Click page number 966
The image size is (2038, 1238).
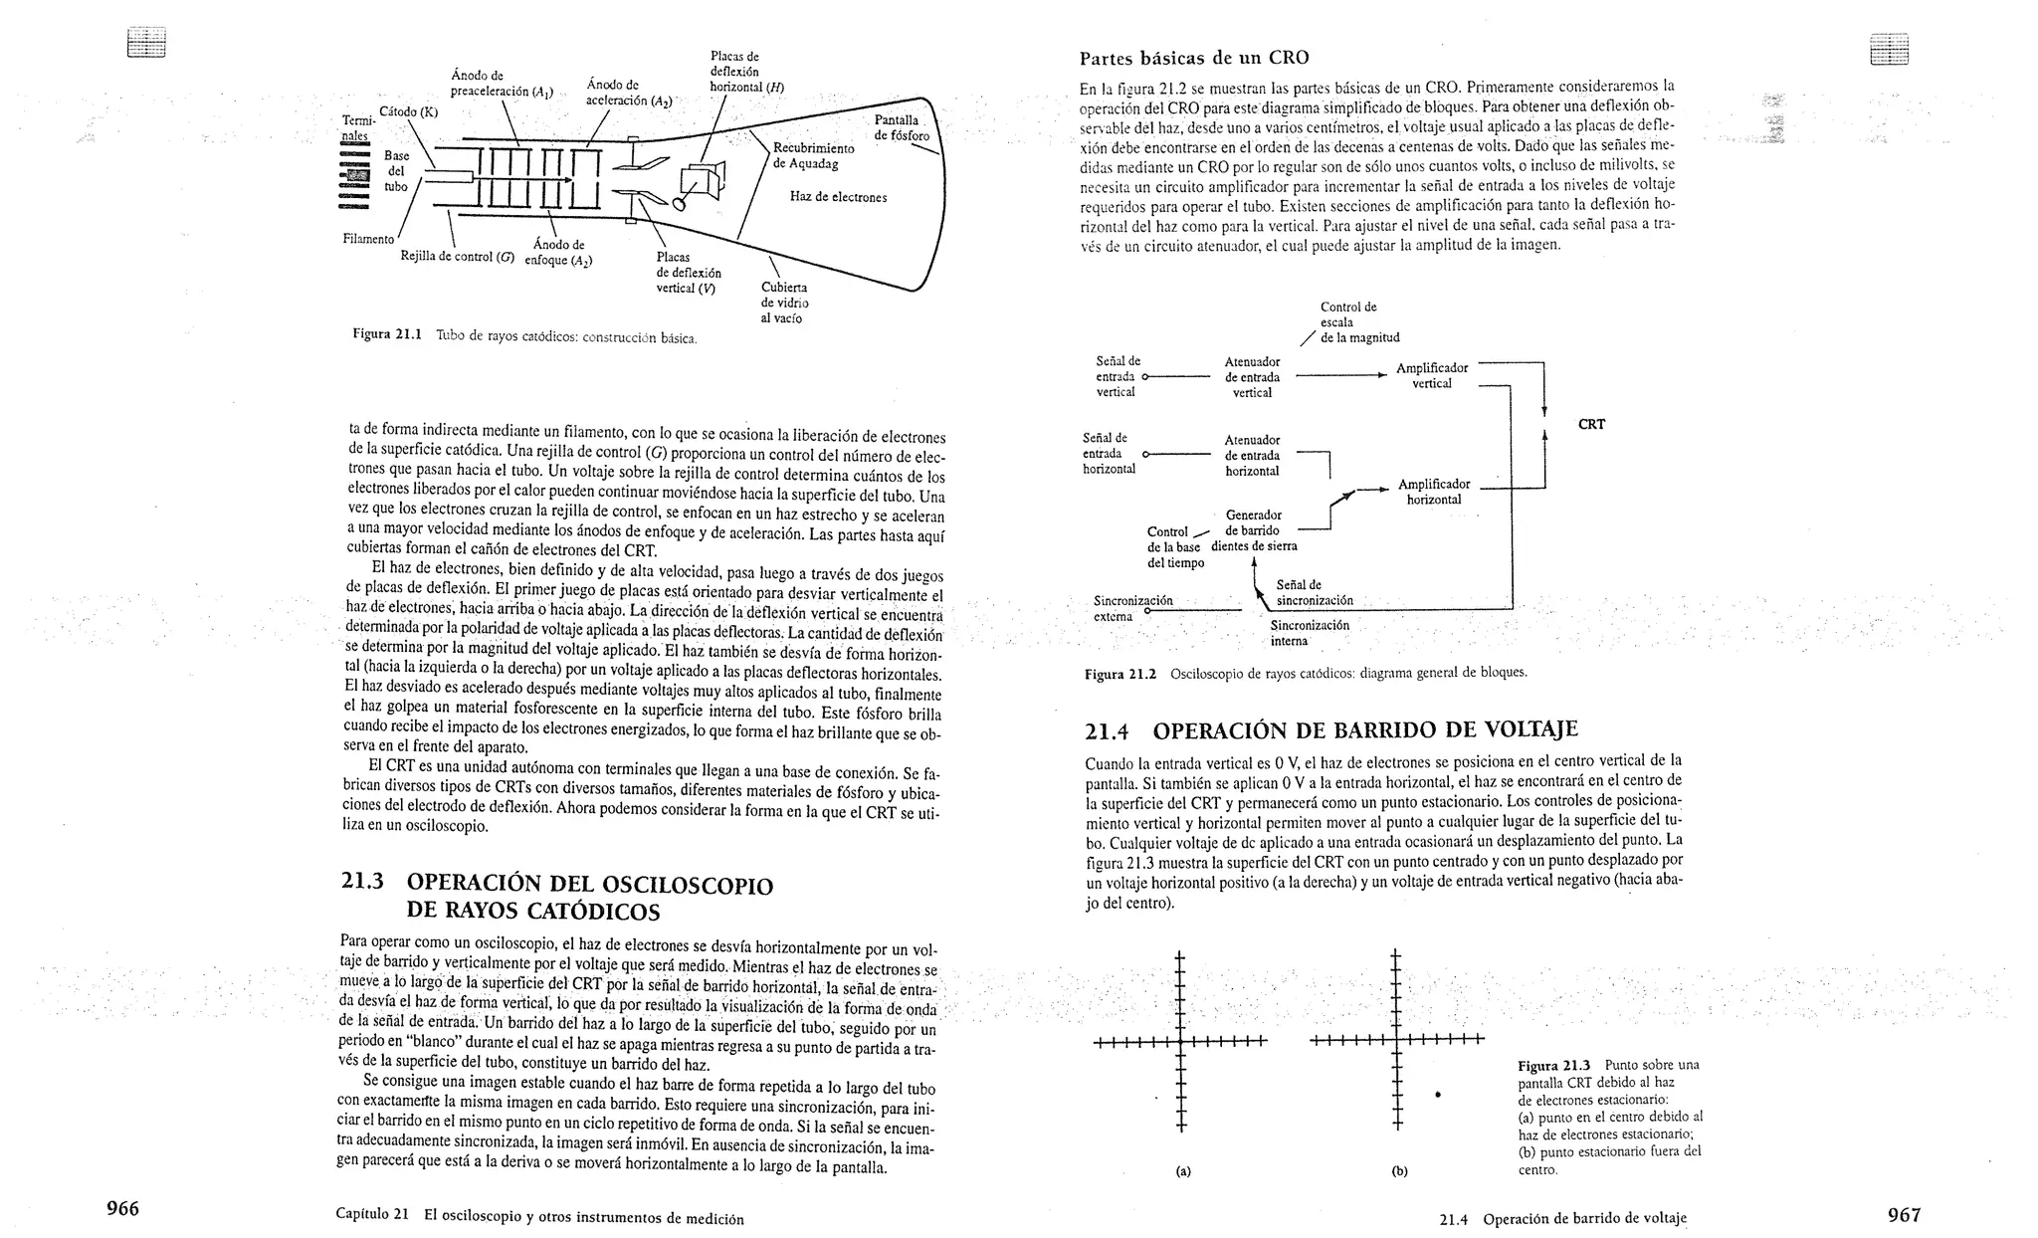point(123,1209)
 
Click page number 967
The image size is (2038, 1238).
point(1904,1214)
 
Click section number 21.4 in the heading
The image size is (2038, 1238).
point(1107,732)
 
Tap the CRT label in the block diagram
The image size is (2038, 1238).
point(1591,424)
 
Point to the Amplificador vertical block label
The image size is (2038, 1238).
point(1431,376)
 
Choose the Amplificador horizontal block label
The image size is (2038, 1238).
point(1433,492)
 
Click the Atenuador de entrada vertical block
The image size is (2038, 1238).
point(1252,377)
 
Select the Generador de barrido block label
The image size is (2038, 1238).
point(1253,522)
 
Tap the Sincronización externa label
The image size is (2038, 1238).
point(1132,608)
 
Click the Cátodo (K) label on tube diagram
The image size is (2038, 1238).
point(408,111)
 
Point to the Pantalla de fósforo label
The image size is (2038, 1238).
point(902,127)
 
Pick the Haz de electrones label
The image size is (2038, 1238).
point(838,197)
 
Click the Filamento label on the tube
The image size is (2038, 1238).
point(367,239)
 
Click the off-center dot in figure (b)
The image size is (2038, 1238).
point(1438,1095)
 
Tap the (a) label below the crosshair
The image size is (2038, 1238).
point(1182,1171)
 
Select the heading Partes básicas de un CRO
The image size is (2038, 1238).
point(1194,57)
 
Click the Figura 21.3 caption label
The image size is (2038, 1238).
point(1554,1065)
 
